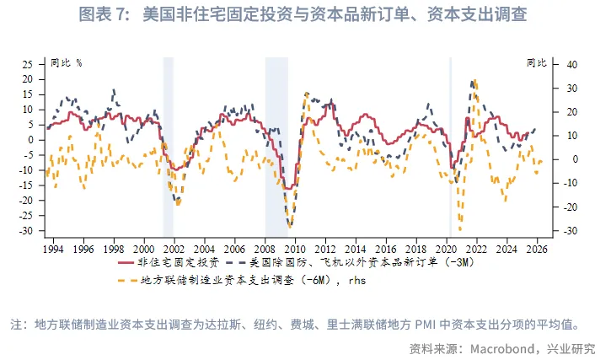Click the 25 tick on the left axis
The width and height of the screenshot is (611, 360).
(27, 64)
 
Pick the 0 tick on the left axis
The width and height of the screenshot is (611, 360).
(30, 140)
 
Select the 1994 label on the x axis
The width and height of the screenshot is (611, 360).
(53, 250)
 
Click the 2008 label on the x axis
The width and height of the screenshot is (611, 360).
(265, 250)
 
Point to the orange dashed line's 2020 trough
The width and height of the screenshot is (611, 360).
(460, 228)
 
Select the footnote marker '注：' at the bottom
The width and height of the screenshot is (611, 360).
(19, 325)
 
